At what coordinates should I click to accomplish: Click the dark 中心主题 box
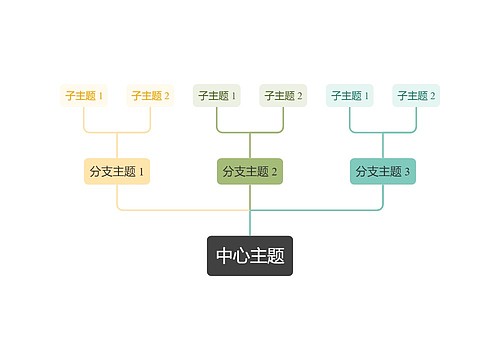pos(250,256)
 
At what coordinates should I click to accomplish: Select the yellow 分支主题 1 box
pos(117,171)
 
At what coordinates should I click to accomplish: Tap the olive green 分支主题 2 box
pos(250,171)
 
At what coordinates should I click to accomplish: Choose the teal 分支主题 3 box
pos(383,171)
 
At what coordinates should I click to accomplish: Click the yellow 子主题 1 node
pos(84,96)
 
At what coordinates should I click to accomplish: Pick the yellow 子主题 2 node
pos(151,96)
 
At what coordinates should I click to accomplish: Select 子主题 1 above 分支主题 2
pos(217,96)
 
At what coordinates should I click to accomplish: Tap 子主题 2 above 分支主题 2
pos(284,96)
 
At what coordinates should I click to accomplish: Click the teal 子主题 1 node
pos(350,96)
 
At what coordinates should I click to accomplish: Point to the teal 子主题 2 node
pos(417,96)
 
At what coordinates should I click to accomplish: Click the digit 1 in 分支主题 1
pos(142,172)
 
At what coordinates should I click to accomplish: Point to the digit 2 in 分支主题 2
pos(275,172)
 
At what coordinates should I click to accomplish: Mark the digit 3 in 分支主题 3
pos(408,172)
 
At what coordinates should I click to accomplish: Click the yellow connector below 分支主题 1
pos(118,198)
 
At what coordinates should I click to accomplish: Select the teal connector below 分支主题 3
pos(383,198)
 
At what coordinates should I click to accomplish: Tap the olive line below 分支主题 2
pos(250,198)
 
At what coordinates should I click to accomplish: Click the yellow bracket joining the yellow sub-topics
pos(117,132)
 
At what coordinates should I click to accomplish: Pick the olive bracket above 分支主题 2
pos(250,132)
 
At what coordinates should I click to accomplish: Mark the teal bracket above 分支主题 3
pos(383,132)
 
